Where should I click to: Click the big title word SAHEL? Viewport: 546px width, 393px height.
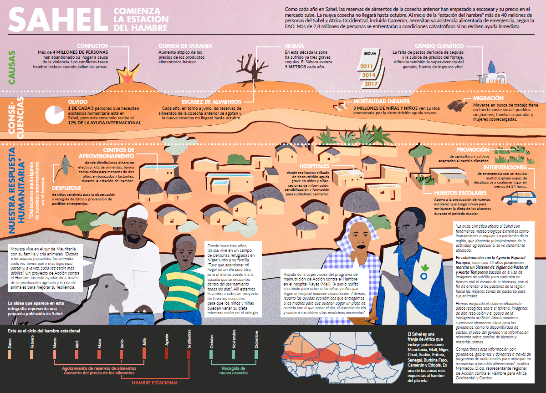(58, 20)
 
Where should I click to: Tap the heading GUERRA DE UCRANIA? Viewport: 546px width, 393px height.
(185, 46)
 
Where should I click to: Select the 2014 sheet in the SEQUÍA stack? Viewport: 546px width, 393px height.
(369, 75)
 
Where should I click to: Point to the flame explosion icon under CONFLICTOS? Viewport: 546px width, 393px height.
(128, 74)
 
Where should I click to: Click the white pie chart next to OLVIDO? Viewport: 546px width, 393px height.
(55, 114)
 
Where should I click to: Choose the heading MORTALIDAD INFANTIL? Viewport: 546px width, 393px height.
(382, 101)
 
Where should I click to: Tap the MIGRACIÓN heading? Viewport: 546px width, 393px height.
(488, 98)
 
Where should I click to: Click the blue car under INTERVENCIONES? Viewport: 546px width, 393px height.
(519, 199)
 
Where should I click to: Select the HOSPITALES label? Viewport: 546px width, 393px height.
(314, 166)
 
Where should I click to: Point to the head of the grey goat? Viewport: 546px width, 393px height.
(113, 290)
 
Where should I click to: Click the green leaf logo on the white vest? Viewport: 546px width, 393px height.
(424, 268)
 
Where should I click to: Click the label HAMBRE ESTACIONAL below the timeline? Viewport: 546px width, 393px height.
(155, 383)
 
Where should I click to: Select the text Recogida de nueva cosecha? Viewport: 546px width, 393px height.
(233, 370)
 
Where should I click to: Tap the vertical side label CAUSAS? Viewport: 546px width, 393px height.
(11, 67)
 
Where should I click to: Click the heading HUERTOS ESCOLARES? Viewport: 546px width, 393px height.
(460, 193)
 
